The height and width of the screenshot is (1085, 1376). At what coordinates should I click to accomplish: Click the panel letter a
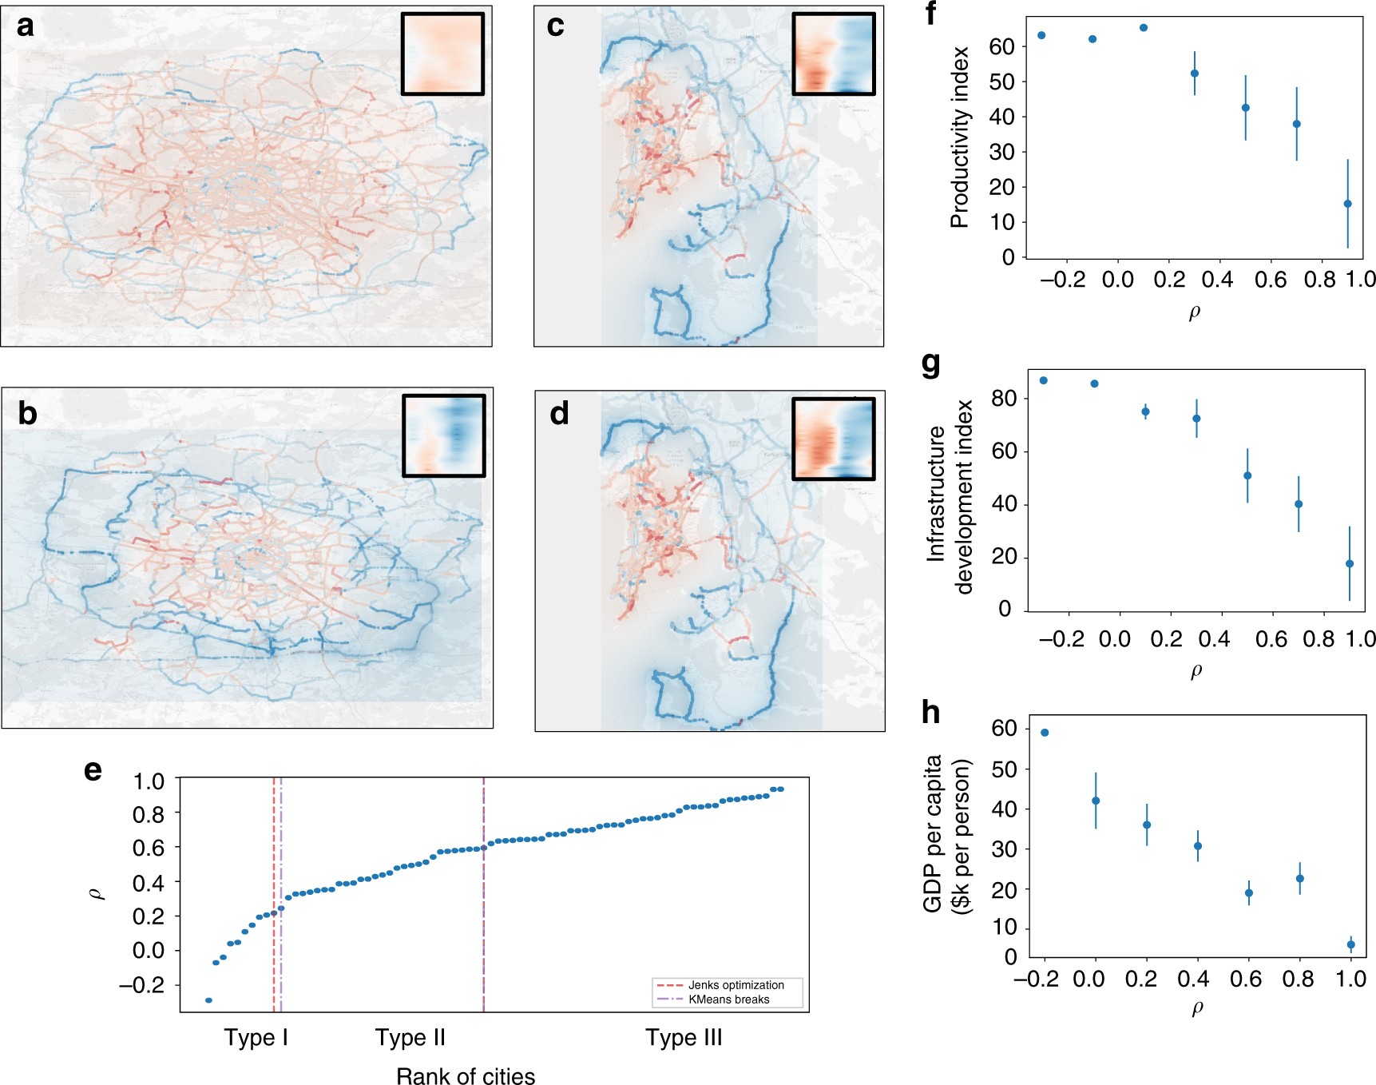(x=26, y=26)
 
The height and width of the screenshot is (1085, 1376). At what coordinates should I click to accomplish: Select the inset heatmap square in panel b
(x=444, y=435)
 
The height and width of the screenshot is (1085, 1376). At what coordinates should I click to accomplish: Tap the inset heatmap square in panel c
(x=834, y=54)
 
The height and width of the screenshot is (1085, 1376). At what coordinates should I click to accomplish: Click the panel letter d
(x=559, y=414)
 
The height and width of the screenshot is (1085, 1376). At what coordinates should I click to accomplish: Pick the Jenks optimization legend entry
(x=735, y=985)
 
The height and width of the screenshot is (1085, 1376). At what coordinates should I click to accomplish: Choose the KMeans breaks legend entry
(x=728, y=1000)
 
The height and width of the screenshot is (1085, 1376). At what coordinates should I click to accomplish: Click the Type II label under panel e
(x=410, y=1038)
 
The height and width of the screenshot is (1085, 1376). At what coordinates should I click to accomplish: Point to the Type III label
(x=684, y=1038)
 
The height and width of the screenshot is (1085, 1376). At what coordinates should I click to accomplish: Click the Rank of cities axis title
(x=466, y=1076)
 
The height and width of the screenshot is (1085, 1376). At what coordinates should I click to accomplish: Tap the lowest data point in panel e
(x=208, y=1000)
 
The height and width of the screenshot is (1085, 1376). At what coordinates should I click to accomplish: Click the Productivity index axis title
(x=960, y=137)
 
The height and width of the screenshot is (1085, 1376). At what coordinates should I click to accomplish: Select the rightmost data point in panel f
(x=1348, y=204)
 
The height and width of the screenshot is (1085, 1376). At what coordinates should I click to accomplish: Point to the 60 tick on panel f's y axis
(x=1001, y=46)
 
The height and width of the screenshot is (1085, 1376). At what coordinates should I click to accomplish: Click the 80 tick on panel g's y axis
(x=1003, y=398)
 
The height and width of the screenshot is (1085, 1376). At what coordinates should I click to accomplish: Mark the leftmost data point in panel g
(x=1044, y=380)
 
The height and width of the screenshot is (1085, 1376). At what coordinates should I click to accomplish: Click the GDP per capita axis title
(x=946, y=835)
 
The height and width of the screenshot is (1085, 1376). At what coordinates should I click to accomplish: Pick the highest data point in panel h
(x=1045, y=733)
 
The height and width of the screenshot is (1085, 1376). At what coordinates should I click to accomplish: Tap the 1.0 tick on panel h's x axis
(x=1350, y=979)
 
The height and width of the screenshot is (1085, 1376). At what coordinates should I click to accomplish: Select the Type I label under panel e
(x=256, y=1038)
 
